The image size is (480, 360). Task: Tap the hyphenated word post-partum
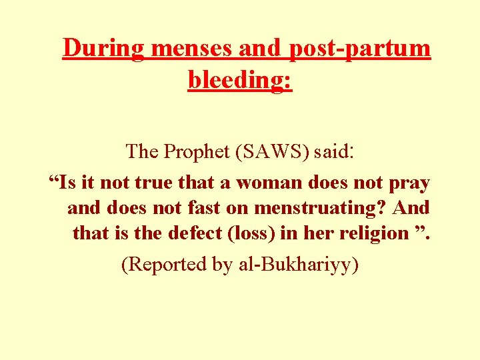360,48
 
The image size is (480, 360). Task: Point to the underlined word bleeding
239,80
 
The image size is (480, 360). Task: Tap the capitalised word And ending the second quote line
411,208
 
